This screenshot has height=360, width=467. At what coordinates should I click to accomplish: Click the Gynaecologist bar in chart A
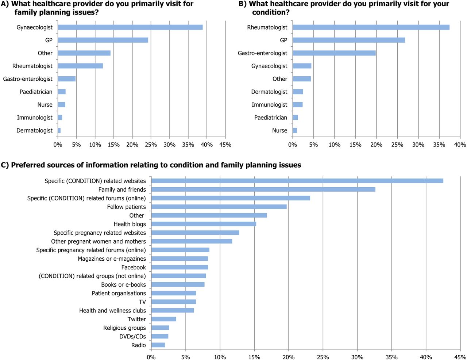[130, 27]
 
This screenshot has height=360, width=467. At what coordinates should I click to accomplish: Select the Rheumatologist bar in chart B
[371, 27]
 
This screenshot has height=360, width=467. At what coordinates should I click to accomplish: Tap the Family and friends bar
[263, 189]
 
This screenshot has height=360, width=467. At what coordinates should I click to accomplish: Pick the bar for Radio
[158, 345]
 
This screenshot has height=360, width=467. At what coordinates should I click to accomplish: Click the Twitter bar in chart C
[163, 319]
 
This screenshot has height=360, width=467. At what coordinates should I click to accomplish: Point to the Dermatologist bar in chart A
[59, 131]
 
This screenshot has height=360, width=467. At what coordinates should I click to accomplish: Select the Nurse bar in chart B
[295, 131]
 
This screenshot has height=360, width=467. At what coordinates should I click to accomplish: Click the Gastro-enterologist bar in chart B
[334, 53]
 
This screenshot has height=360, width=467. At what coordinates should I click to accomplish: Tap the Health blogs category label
[130, 224]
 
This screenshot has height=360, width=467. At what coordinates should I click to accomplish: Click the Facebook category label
[134, 267]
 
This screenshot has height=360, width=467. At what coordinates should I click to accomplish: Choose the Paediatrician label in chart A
[36, 92]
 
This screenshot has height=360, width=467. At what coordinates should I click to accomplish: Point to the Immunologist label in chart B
[269, 105]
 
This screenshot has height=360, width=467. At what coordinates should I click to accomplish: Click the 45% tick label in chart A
[225, 145]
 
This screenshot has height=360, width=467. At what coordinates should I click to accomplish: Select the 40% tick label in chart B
[460, 145]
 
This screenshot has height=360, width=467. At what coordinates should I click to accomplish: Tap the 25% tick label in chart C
[323, 357]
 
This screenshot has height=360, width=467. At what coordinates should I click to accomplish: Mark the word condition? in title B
[271, 12]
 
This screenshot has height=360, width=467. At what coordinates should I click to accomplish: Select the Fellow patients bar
[219, 207]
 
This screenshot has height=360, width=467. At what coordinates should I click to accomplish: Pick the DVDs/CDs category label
[132, 336]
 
